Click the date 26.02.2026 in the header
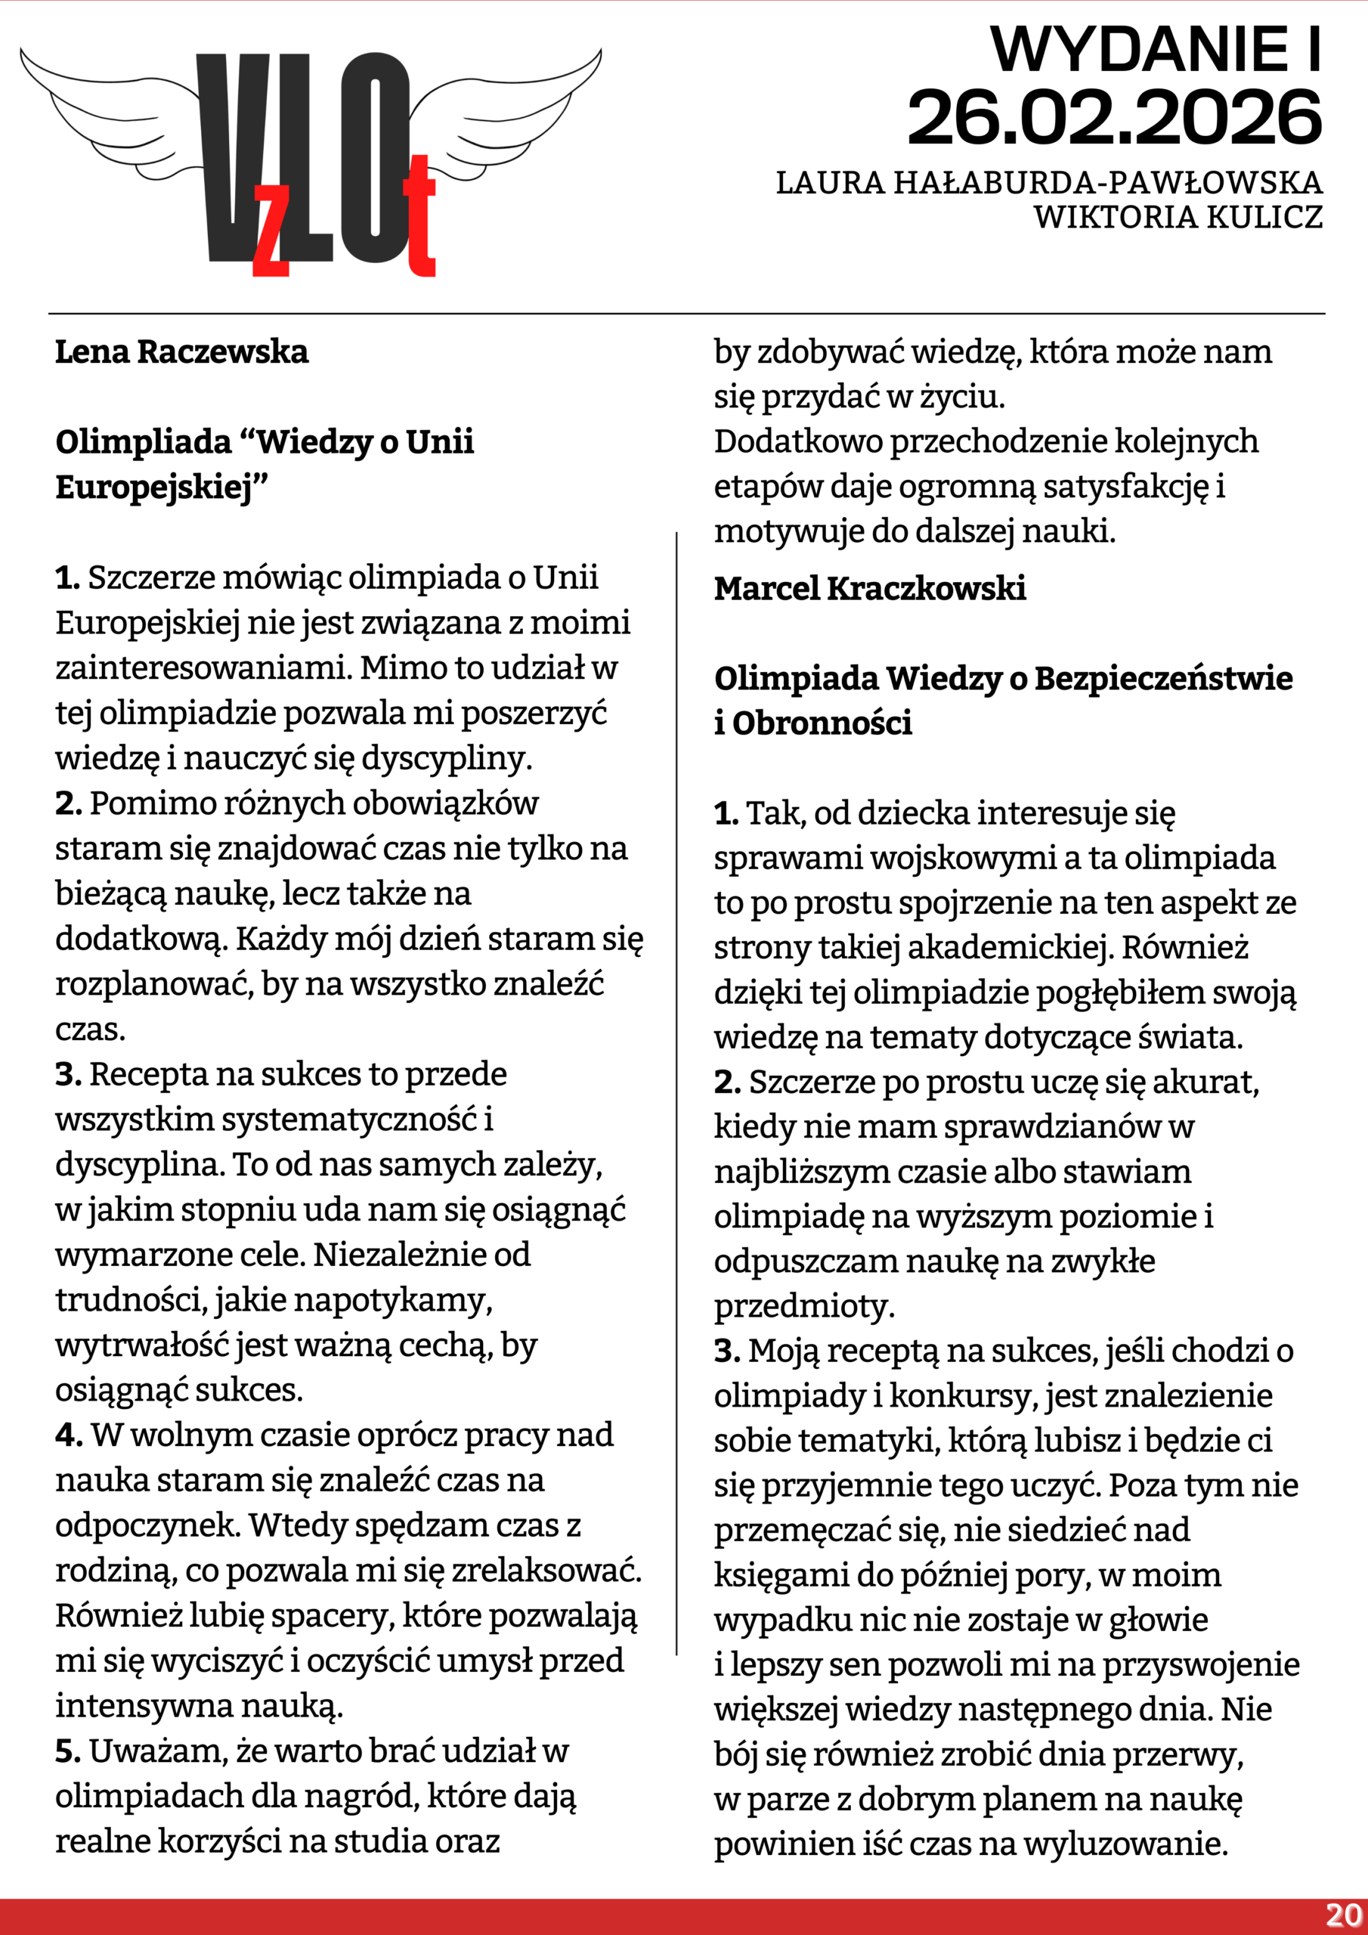coord(1113,118)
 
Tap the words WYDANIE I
coord(1155,50)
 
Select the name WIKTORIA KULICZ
coord(1178,218)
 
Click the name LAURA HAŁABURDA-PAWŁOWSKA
coord(1048,183)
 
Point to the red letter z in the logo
coord(271,232)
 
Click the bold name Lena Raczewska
coord(181,352)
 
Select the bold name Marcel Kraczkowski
coord(870,588)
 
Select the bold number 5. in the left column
coord(68,1751)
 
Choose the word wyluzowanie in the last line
coord(1125,1844)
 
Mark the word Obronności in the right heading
coord(822,723)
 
